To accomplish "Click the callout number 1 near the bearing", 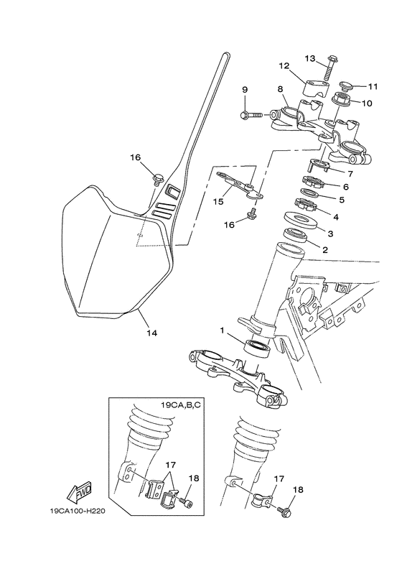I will pyautogui.click(x=223, y=332).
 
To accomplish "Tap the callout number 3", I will pyautogui.click(x=331, y=233).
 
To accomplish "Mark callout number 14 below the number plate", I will pyautogui.click(x=151, y=333).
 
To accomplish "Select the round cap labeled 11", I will pyautogui.click(x=344, y=87).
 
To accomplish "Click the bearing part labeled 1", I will pyautogui.click(x=258, y=348).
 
